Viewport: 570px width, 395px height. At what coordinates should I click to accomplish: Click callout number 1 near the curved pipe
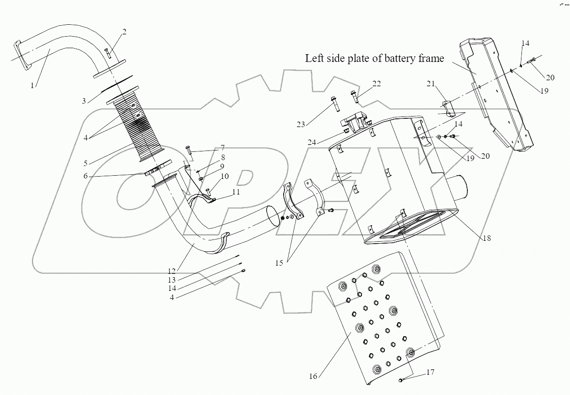[32, 85]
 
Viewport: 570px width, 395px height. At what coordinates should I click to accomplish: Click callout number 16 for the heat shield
[313, 376]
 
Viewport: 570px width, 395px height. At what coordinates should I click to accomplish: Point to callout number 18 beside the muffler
[487, 238]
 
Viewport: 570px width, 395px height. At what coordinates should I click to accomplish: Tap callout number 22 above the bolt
[376, 84]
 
